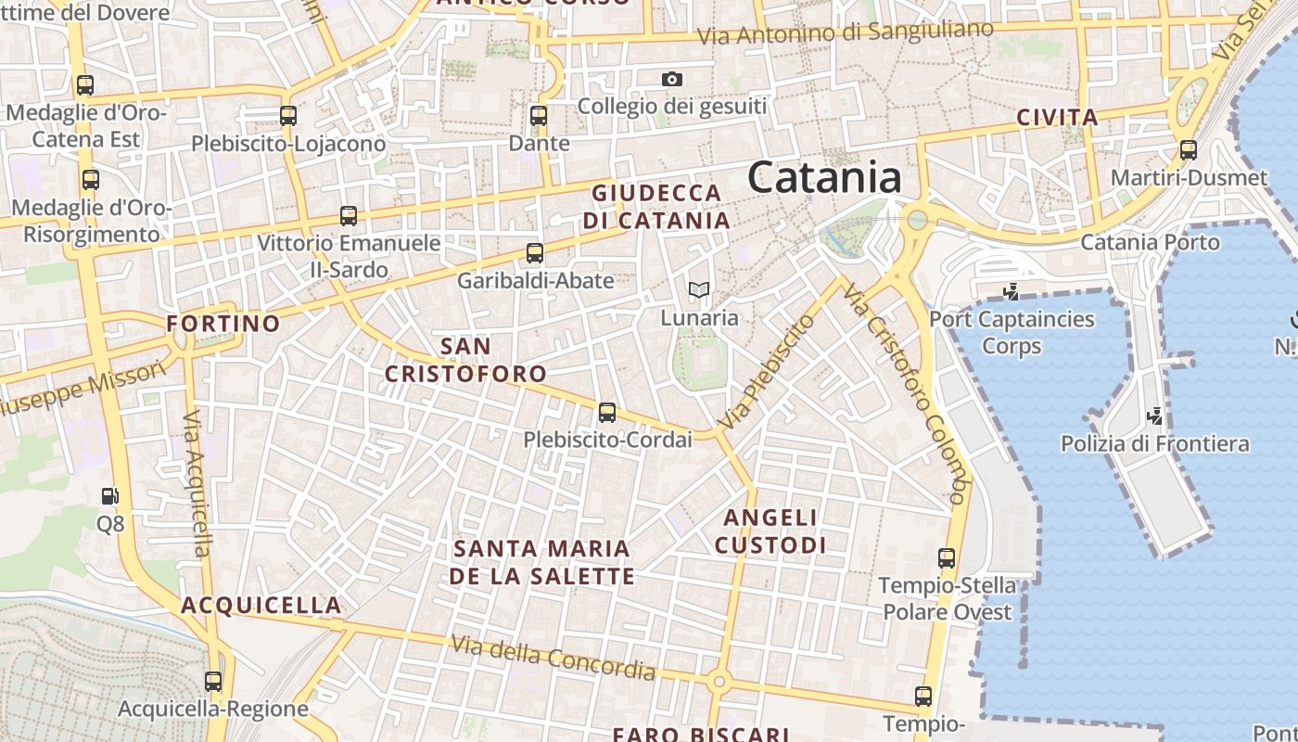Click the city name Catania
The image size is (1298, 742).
[824, 177]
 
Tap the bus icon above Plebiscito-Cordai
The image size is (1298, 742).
[607, 412]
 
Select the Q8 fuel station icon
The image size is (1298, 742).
[110, 496]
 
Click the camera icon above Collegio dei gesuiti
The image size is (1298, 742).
[672, 80]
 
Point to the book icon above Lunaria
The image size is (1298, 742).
[699, 290]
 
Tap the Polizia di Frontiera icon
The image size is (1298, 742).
[1155, 416]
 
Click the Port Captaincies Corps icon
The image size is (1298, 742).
[1012, 291]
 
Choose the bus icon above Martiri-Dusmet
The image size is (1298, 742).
[1189, 149]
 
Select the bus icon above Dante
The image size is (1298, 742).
[539, 116]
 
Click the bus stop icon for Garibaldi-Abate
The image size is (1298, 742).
[535, 252]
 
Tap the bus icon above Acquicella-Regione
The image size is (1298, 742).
[213, 682]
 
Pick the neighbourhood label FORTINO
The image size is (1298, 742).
[223, 324]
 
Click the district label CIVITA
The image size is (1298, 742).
[1057, 118]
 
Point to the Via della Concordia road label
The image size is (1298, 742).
[554, 658]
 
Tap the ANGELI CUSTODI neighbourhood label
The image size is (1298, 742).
[770, 531]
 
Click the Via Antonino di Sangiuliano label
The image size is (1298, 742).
[845, 33]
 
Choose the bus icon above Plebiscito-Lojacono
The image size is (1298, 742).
[288, 116]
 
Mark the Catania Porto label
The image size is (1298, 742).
[1151, 243]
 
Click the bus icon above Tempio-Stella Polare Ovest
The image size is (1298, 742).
[947, 558]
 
